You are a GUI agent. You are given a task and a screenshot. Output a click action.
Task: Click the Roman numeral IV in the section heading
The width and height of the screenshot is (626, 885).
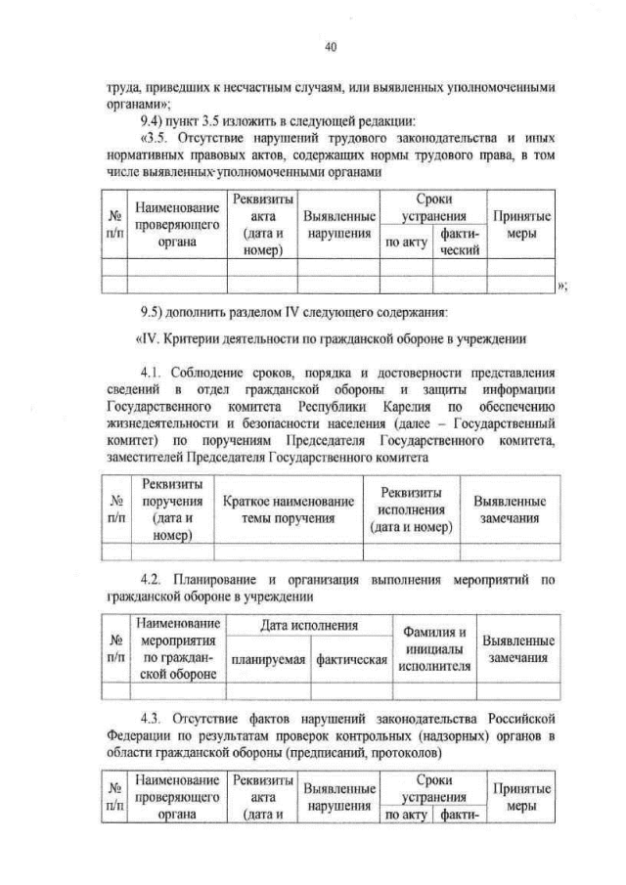(154, 339)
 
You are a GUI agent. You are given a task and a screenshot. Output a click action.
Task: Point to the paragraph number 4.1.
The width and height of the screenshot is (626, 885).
(153, 374)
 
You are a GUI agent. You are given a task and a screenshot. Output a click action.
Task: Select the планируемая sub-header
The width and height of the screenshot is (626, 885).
(268, 659)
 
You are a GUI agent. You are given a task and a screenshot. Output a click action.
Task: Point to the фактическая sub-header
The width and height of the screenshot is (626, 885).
(349, 659)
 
